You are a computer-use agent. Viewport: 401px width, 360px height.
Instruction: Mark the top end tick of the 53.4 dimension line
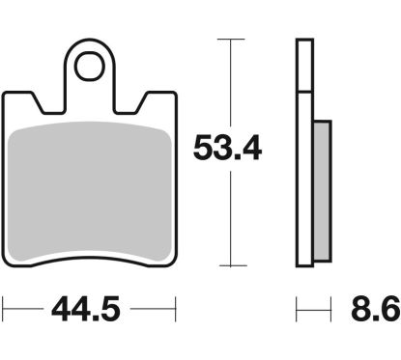[x=228, y=39]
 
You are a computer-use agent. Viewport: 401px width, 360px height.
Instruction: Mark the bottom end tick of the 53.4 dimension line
[x=228, y=265]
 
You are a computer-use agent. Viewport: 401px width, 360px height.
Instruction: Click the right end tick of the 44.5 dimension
[x=178, y=311]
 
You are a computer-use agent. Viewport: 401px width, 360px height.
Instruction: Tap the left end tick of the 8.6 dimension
[x=296, y=311]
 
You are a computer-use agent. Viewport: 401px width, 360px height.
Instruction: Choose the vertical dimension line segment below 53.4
[x=228, y=217]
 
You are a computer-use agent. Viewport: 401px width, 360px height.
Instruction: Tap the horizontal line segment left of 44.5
[x=24, y=311]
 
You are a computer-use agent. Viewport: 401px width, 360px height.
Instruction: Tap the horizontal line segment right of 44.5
[x=155, y=311]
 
